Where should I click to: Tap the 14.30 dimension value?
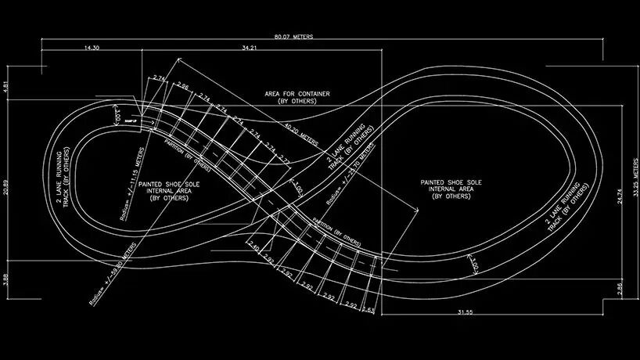click(91, 48)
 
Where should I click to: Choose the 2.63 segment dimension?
click(369, 310)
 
